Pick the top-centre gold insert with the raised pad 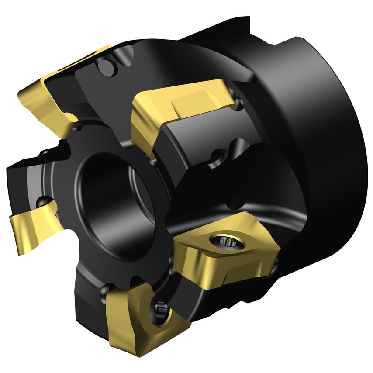tap(179, 109)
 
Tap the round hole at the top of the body tap(105, 67)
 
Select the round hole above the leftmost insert tap(43, 202)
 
